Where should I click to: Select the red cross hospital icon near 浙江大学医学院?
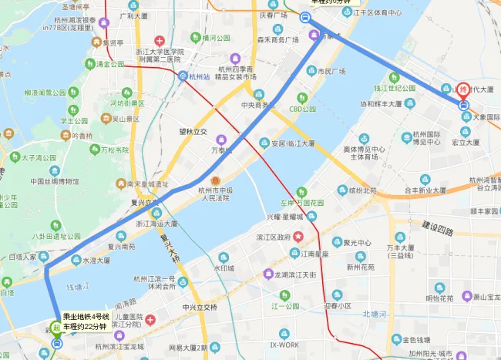tap(160, 41)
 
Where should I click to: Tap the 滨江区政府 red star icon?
tap(312, 235)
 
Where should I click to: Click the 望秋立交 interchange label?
tap(193, 132)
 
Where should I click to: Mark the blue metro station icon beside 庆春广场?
tap(308, 22)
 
